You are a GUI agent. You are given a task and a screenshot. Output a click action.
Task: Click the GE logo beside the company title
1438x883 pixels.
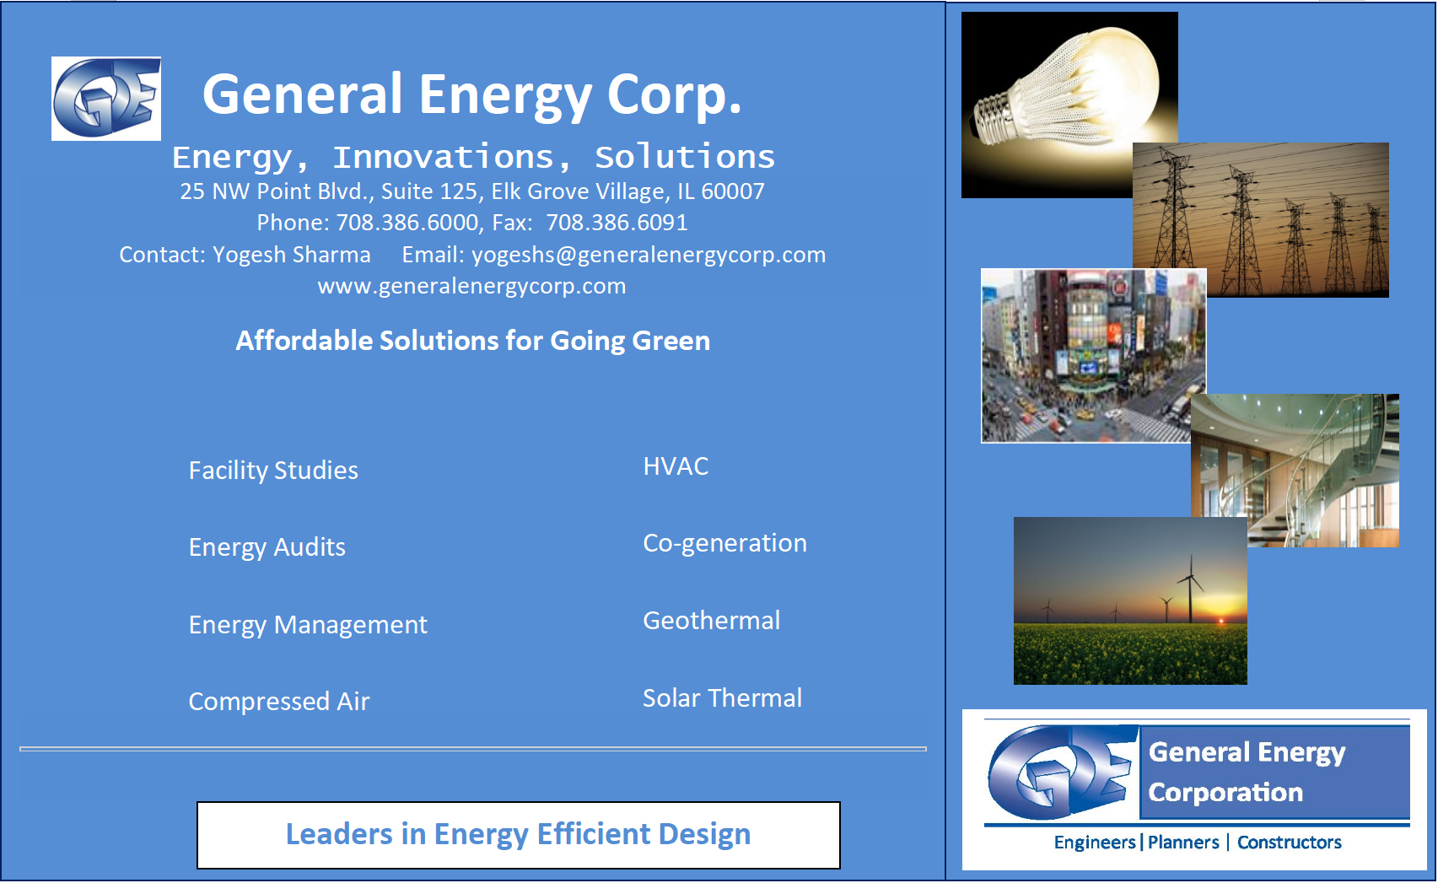click(106, 98)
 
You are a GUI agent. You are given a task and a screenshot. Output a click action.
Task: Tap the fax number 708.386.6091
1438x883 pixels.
click(617, 223)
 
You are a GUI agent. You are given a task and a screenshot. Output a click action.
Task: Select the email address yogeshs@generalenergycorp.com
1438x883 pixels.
click(649, 256)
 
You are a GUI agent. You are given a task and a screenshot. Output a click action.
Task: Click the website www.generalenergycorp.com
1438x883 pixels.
click(471, 286)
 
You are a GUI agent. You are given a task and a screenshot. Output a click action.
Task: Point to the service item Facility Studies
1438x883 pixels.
click(273, 471)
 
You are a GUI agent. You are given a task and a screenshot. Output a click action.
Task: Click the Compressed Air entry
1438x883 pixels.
click(279, 702)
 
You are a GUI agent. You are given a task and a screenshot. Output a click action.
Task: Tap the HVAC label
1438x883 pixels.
click(676, 466)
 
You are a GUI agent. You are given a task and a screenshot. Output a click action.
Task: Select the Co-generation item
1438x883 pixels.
click(724, 543)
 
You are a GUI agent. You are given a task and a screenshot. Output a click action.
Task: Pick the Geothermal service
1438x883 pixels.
click(711, 621)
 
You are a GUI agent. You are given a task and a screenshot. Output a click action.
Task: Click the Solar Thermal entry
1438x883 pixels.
click(722, 698)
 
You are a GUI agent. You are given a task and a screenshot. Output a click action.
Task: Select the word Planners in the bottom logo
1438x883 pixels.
click(1183, 843)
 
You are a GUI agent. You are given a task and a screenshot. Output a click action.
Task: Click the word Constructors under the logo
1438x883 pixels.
click(1289, 843)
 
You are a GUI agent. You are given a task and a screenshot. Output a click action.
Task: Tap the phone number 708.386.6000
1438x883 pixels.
click(407, 223)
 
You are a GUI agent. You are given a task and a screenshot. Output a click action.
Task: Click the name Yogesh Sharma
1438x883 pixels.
click(292, 256)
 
